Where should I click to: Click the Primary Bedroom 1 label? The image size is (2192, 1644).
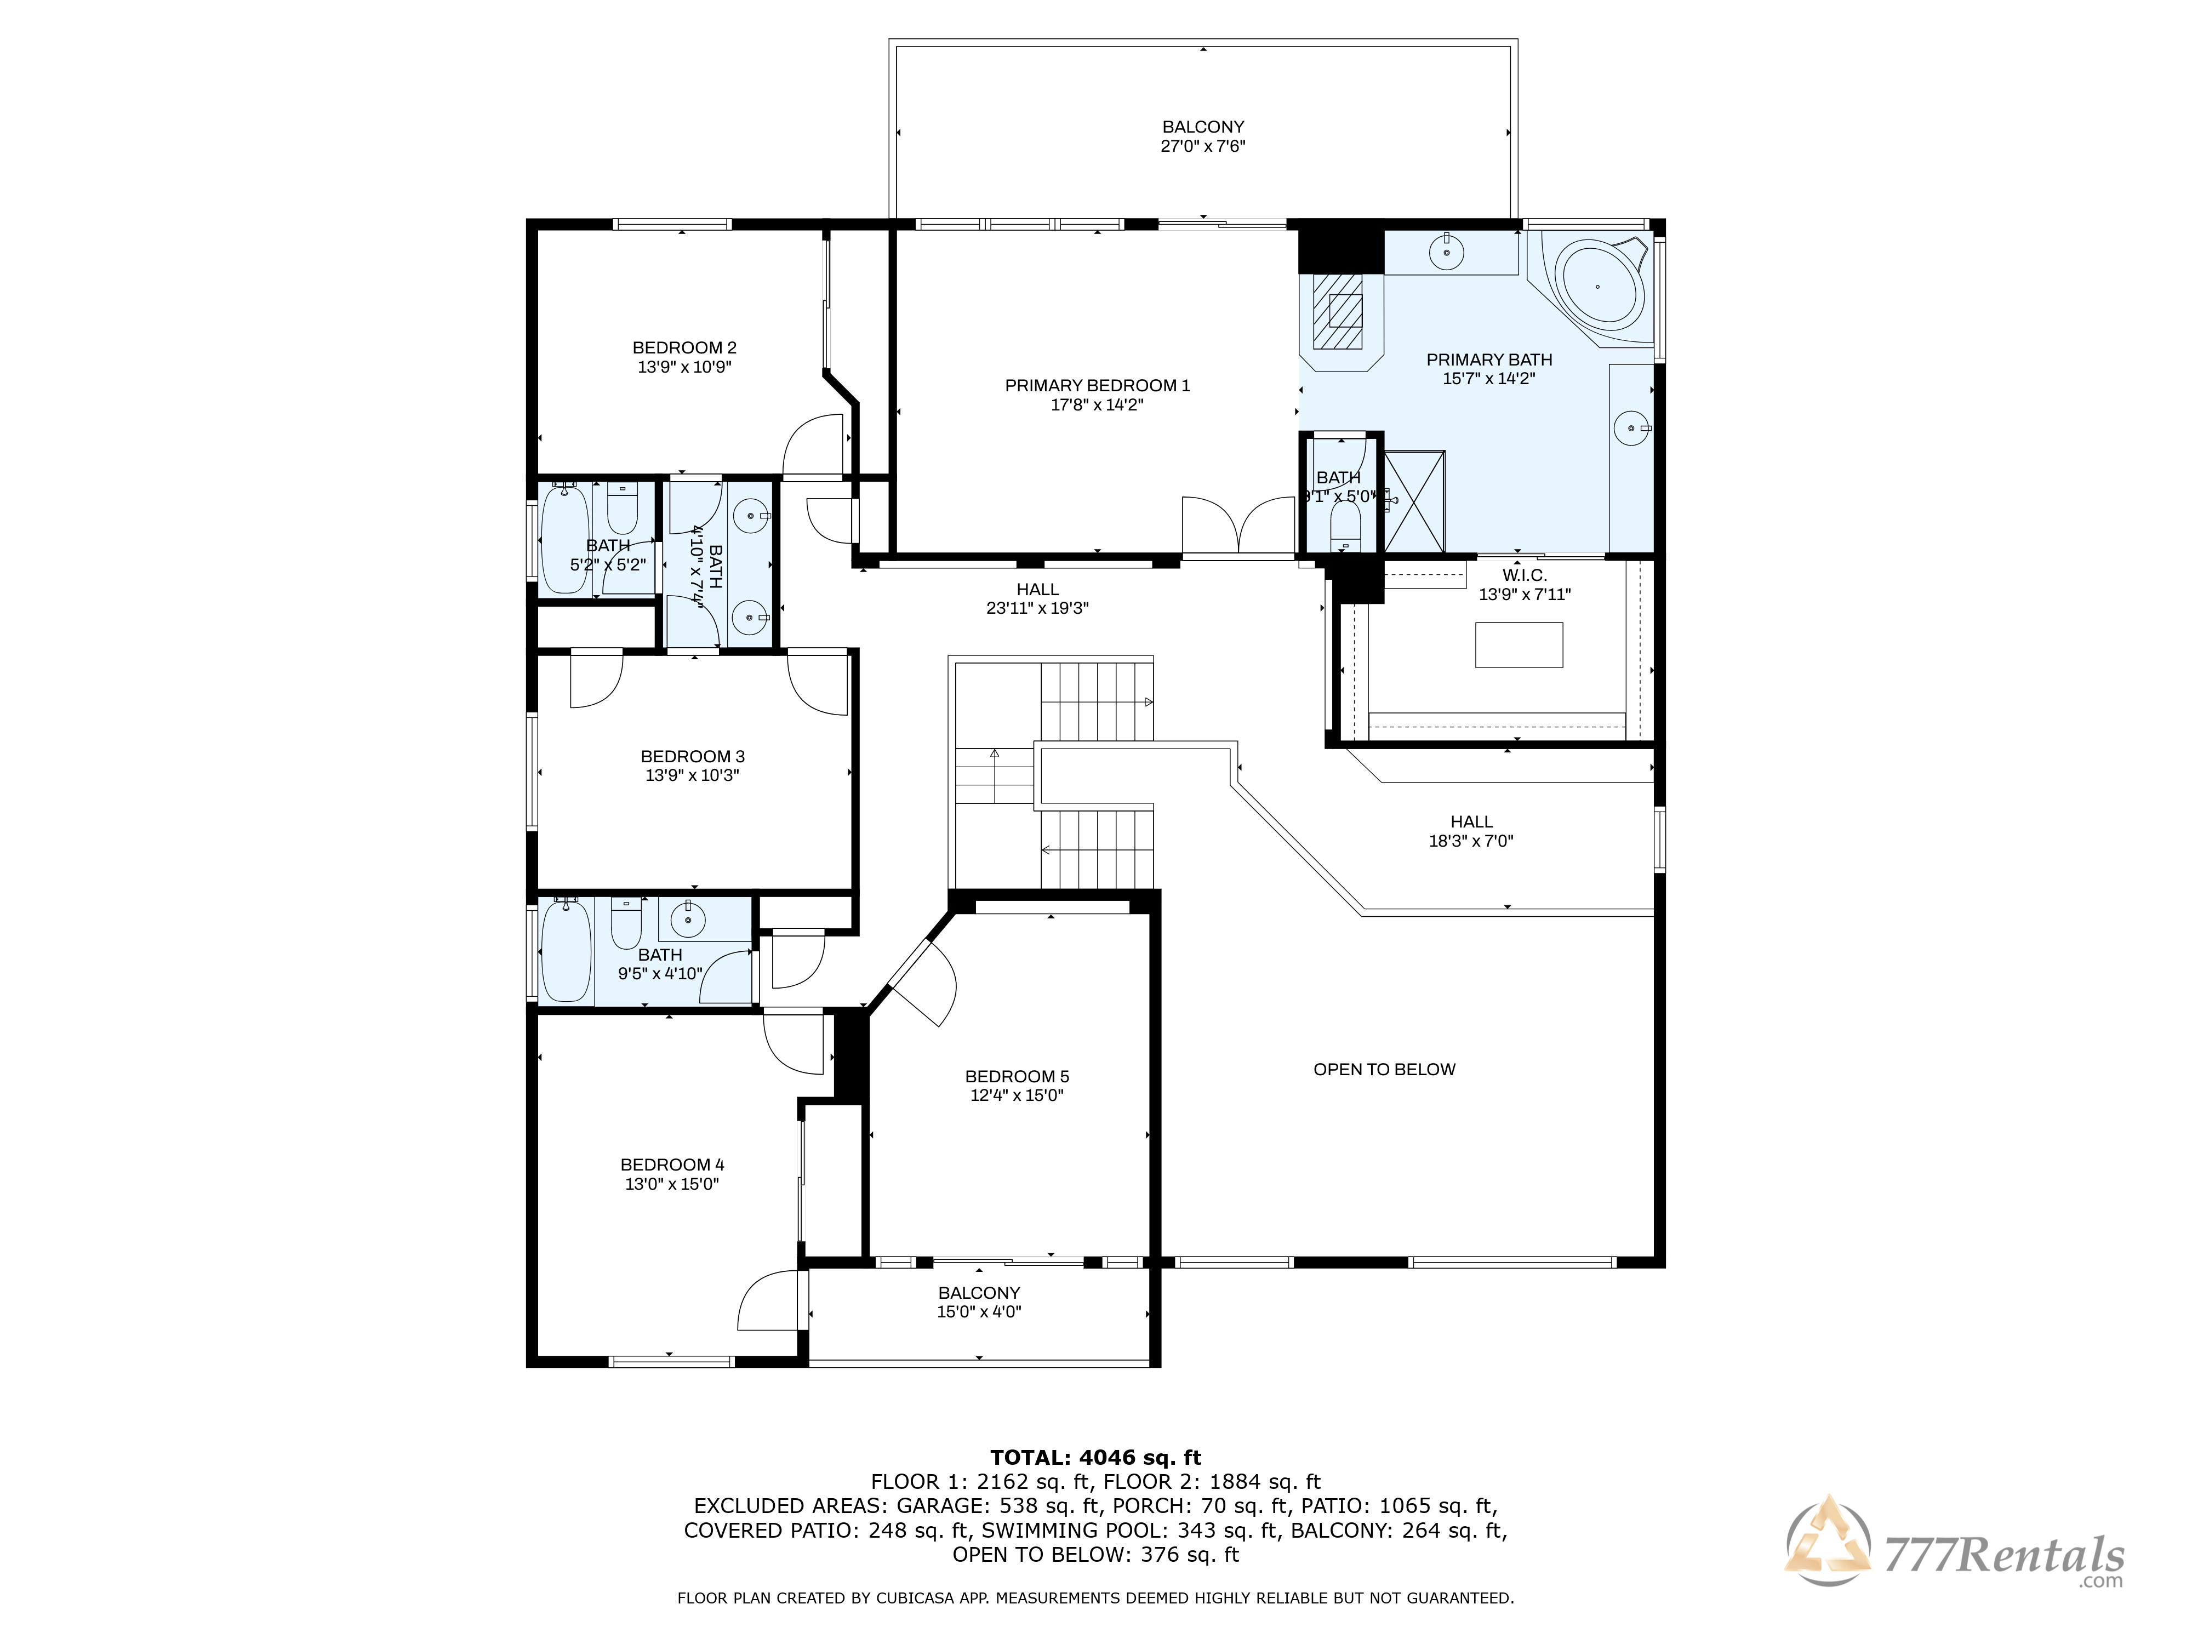click(1097, 385)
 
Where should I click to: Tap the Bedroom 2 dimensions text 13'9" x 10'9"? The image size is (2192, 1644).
click(685, 367)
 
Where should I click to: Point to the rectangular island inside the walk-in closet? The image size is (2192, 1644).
click(1519, 645)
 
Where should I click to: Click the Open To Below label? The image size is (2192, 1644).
click(1384, 1069)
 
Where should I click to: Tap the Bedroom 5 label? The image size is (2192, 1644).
click(1017, 1076)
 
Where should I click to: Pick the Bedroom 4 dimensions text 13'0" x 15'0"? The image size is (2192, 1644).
click(672, 1183)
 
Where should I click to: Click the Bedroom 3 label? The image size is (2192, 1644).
click(693, 756)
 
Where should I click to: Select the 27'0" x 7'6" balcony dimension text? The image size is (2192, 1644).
click(1203, 146)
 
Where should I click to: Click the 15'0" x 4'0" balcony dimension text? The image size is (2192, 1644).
click(979, 1311)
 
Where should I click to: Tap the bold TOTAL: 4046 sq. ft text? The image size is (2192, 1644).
click(1096, 1458)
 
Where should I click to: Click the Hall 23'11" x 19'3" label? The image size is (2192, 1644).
click(1037, 598)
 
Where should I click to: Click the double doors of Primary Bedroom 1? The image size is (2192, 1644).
click(1238, 525)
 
